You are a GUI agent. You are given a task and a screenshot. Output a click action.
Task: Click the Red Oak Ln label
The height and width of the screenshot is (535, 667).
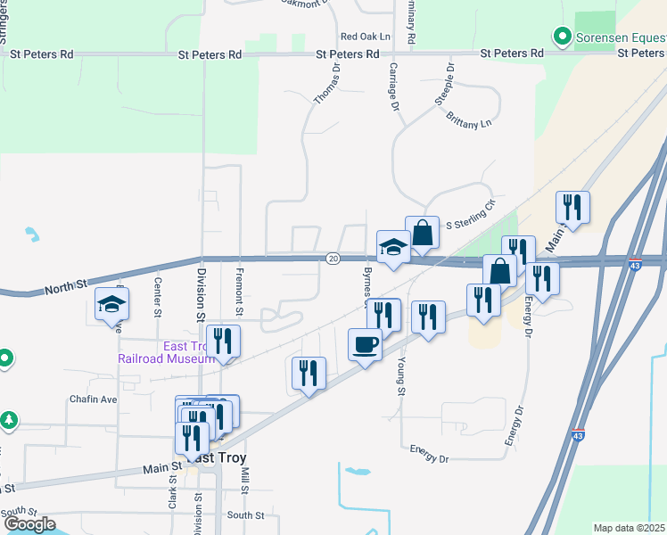[x=366, y=37]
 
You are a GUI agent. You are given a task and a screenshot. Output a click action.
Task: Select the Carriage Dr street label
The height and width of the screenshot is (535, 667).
[x=392, y=86]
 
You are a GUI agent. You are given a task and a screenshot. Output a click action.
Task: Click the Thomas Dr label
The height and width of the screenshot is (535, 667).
[x=327, y=84]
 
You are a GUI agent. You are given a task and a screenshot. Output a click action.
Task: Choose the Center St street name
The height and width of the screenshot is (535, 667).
[x=158, y=298]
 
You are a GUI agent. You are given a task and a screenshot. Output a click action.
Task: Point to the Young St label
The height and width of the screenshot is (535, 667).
[x=400, y=376]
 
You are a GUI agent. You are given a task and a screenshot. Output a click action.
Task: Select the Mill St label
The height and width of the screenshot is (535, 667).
[x=243, y=478]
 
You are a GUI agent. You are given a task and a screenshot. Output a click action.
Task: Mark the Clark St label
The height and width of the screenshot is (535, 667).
[x=172, y=491]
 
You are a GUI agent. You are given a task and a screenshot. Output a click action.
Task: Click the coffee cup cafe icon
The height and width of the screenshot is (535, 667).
[x=365, y=343]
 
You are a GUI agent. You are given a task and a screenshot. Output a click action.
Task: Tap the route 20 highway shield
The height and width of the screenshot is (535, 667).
[x=333, y=259]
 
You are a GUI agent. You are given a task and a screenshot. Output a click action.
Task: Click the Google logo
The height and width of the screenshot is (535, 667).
[x=29, y=523]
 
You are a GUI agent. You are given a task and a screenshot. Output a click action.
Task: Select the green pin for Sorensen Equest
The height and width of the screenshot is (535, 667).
[x=562, y=37]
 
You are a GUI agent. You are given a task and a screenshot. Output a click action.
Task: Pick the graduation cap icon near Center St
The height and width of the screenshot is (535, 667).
[x=112, y=305]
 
